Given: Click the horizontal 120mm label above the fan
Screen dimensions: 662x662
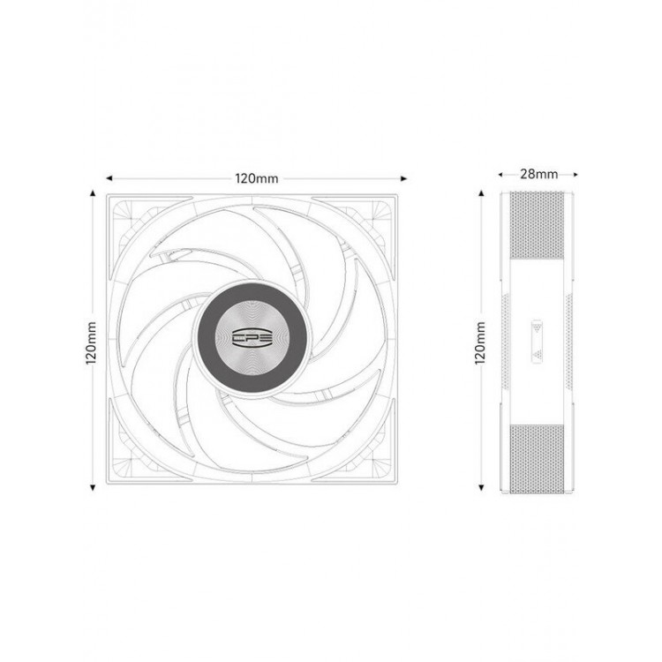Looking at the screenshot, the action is click(x=257, y=178).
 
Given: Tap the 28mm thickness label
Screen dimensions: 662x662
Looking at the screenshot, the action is click(x=538, y=174).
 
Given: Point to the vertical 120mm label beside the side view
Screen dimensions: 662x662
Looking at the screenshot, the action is click(x=480, y=342).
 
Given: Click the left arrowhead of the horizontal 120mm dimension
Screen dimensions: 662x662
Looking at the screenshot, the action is click(x=109, y=178).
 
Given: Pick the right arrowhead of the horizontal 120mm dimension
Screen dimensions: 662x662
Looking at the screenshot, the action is click(x=403, y=178).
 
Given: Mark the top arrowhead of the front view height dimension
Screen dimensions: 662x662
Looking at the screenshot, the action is click(x=93, y=193).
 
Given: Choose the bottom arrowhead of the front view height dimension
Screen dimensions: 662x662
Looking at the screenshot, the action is click(x=93, y=488).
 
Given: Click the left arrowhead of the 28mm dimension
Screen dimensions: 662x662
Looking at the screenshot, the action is click(x=500, y=174).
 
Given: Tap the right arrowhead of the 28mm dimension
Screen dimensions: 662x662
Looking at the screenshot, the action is click(x=575, y=174).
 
